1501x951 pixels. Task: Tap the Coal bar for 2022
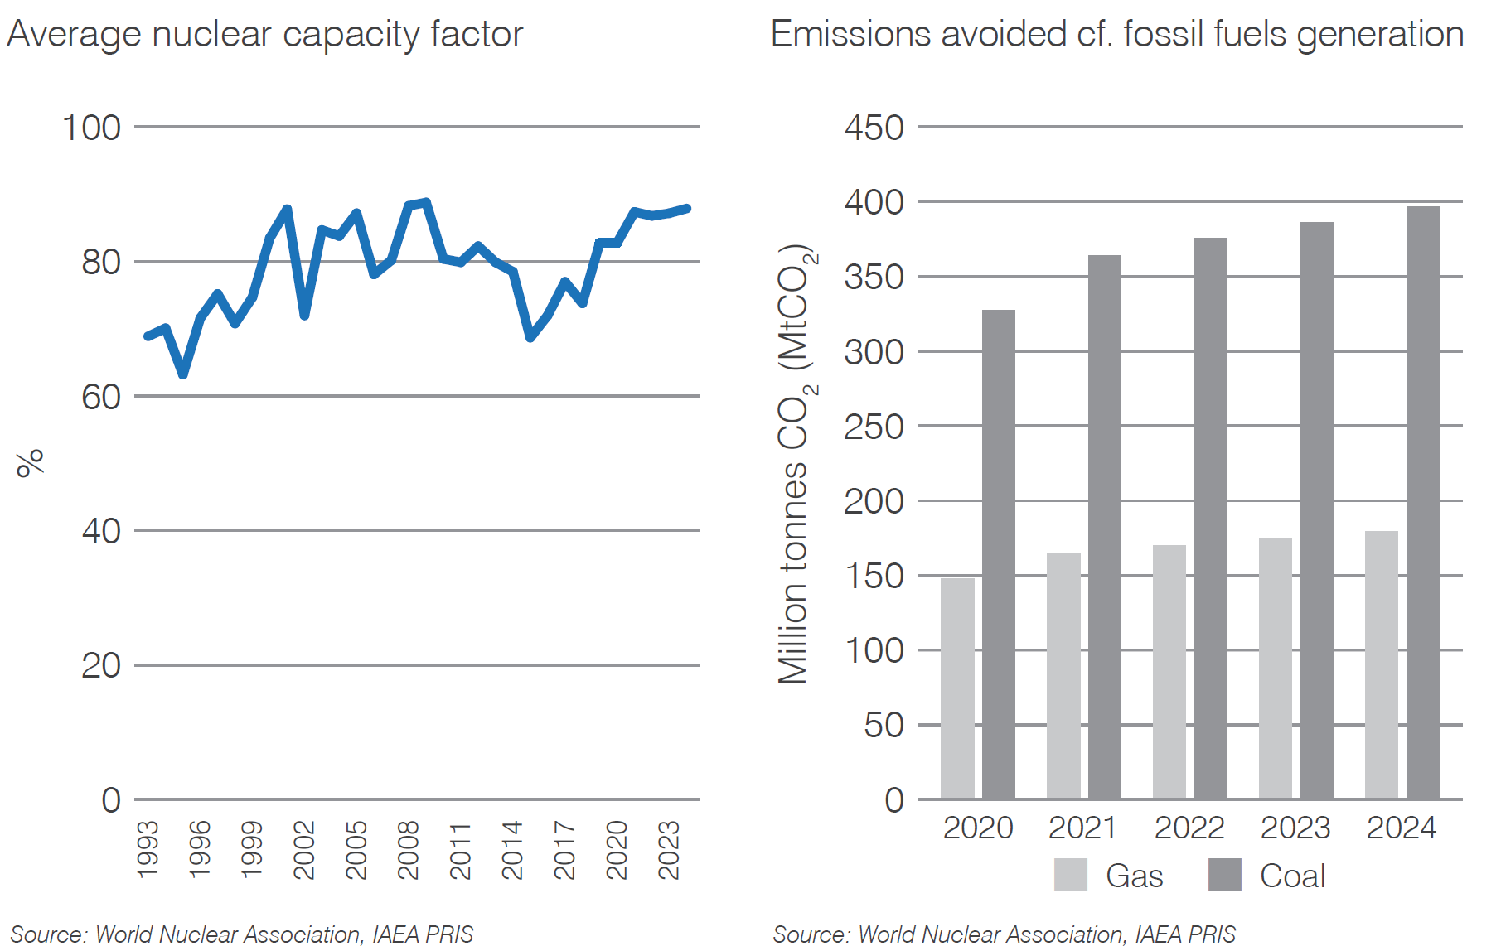pyautogui.click(x=1210, y=518)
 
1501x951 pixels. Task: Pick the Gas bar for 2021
pyautogui.click(x=1063, y=675)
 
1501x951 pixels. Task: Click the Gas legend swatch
pyautogui.click(x=1070, y=875)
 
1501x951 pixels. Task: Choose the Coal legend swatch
pyautogui.click(x=1224, y=875)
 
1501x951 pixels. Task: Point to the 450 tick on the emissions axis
pyautogui.click(x=874, y=128)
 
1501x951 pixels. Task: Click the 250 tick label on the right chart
pyautogui.click(x=874, y=427)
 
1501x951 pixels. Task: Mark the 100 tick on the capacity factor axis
pyautogui.click(x=91, y=128)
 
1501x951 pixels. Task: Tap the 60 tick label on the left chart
pyautogui.click(x=101, y=398)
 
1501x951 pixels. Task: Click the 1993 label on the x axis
pyautogui.click(x=148, y=849)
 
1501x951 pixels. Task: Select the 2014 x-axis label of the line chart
pyautogui.click(x=512, y=849)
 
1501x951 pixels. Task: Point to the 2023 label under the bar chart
pyautogui.click(x=1295, y=828)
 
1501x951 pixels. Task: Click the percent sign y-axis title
pyautogui.click(x=30, y=462)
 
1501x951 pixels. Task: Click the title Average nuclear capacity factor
pyautogui.click(x=264, y=35)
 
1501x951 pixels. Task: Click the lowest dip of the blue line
pyautogui.click(x=183, y=374)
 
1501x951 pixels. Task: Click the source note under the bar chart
pyautogui.click(x=1004, y=934)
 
